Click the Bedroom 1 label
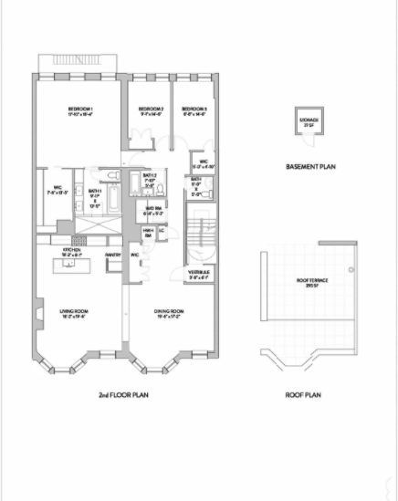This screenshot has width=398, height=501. click(81, 111)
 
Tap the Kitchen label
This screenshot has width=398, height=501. click(72, 249)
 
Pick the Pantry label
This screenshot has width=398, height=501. click(114, 255)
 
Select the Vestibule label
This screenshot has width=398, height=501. click(199, 273)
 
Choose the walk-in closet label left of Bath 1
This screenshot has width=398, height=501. click(56, 191)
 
